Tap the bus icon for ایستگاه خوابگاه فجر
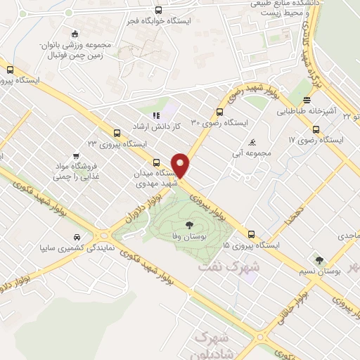click(158, 11)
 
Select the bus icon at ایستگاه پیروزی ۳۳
click(117, 132)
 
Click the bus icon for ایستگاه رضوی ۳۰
click(220, 111)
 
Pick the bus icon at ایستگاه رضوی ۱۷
click(316, 129)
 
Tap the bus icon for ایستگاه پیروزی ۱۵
click(251, 234)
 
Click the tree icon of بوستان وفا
click(189, 225)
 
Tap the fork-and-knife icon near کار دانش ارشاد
click(156, 115)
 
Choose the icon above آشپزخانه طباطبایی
click(307, 101)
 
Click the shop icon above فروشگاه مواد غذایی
click(75, 156)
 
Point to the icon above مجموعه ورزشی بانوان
click(75, 34)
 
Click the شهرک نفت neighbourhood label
click(229, 267)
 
